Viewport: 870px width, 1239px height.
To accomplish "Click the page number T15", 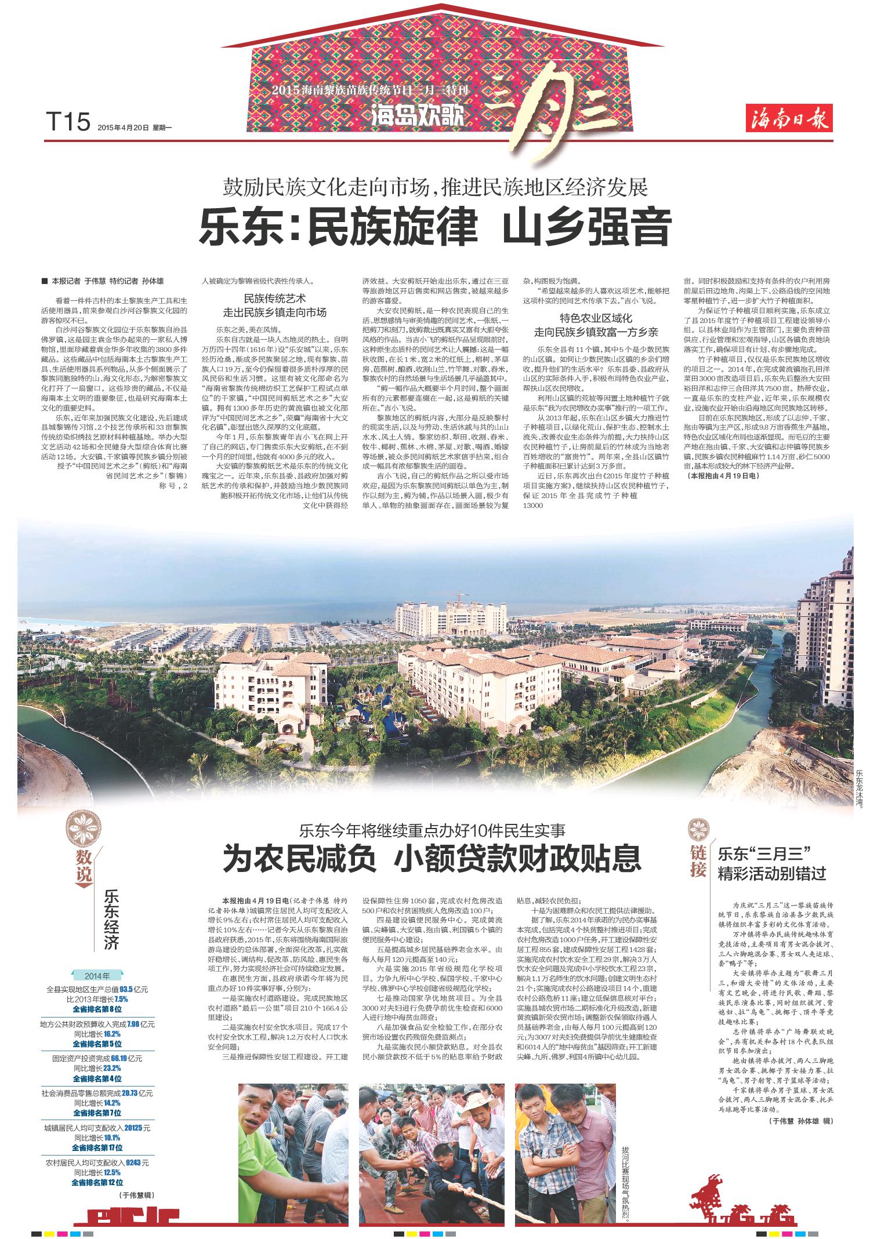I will [68, 123].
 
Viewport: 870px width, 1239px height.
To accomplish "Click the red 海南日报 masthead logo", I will [790, 121].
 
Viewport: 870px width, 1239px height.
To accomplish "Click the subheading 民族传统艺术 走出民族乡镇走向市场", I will [275, 306].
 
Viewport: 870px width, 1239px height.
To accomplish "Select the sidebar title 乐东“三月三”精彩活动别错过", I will [771, 863].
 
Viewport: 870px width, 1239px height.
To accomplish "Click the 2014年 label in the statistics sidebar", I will [97, 975].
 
